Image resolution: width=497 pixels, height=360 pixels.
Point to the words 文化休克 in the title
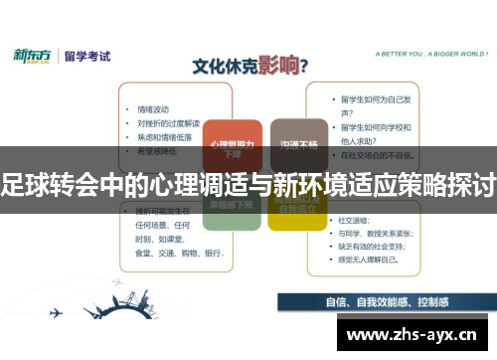tap(220, 68)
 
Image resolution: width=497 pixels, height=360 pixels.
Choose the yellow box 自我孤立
tap(298, 207)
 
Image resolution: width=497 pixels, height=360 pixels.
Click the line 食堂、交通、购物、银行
tap(173, 253)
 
